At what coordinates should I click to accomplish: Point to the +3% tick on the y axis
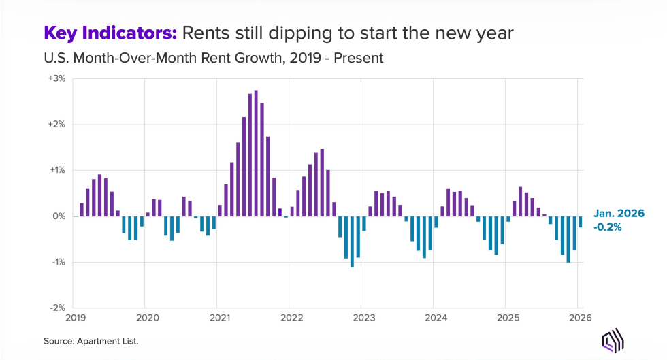(56, 78)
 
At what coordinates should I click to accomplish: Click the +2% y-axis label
(56, 125)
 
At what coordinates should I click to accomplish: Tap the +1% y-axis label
(56, 170)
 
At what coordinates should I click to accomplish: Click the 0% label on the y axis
(59, 216)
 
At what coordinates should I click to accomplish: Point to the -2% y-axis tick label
(57, 308)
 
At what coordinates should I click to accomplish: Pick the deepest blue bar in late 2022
(352, 242)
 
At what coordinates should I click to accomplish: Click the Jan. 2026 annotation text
(618, 214)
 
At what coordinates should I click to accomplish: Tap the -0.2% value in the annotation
(606, 227)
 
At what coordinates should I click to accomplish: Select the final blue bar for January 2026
(581, 222)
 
